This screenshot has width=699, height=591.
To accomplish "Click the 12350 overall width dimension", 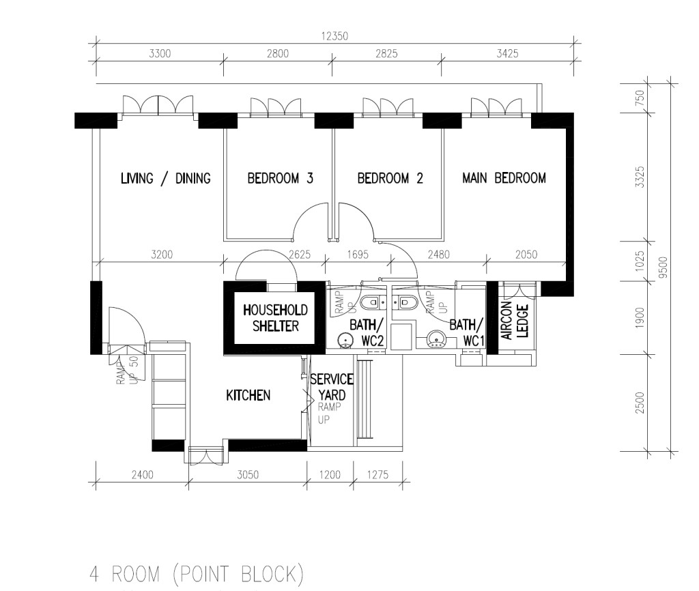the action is (x=334, y=36).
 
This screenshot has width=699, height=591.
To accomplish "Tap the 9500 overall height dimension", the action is (x=664, y=268).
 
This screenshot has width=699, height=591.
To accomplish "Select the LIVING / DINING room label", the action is (x=166, y=178).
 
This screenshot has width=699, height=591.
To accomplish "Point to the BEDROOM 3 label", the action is (x=281, y=178).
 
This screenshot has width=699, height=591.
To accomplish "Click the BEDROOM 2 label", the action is (x=390, y=178).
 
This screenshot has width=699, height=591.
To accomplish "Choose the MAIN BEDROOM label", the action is (x=504, y=178).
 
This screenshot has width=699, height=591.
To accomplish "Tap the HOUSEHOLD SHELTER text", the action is (x=276, y=318).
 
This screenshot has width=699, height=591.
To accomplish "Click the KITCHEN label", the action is (x=248, y=395).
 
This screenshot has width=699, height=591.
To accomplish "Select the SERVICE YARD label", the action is (x=332, y=387).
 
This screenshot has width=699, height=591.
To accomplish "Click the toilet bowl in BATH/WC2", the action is (x=373, y=303).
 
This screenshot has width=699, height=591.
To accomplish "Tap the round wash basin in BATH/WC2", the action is (x=345, y=340).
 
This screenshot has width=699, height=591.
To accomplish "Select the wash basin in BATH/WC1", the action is (x=436, y=340).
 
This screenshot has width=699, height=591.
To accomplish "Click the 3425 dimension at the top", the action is (x=507, y=54).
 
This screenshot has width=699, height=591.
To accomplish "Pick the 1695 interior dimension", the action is (x=358, y=255).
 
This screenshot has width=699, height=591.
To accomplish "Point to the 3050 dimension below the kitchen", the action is (x=247, y=475).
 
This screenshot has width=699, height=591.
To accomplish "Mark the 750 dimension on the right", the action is (x=640, y=98).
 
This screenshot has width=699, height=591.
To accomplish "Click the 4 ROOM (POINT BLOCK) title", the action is (x=197, y=574).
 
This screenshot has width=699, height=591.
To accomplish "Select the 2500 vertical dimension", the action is (x=640, y=403).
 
